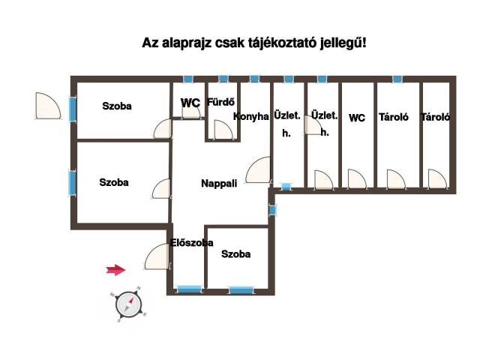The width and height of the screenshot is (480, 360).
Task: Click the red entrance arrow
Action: point(115,270)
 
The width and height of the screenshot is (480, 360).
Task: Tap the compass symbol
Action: point(128,304)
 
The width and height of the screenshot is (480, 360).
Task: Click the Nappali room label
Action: point(219,183)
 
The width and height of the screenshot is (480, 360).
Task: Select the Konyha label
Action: point(251,117)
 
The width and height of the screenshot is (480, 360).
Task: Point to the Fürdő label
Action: point(220,102)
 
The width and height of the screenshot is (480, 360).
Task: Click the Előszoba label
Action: point(192,243)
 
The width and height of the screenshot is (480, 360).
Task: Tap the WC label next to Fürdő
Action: point(190,103)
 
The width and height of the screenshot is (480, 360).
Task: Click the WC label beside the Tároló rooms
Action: point(357,118)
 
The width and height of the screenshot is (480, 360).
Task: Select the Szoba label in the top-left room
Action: point(117,106)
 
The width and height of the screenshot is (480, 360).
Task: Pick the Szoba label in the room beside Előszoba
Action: point(235,253)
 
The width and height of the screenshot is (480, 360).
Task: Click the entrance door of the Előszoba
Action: point(157,256)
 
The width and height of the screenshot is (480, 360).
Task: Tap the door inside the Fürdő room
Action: point(223,130)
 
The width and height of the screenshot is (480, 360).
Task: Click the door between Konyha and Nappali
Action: point(258,169)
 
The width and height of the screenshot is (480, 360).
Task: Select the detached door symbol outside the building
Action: point(48,106)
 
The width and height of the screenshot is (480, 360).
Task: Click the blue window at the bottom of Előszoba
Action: point(190,289)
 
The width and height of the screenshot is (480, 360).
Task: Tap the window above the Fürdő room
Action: point(223,79)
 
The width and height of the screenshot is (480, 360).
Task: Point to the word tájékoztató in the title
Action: point(286,43)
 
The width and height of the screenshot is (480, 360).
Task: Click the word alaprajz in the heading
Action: point(187,43)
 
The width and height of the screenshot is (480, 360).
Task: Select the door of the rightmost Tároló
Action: point(437,178)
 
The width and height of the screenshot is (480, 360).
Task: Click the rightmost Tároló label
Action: point(435,117)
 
